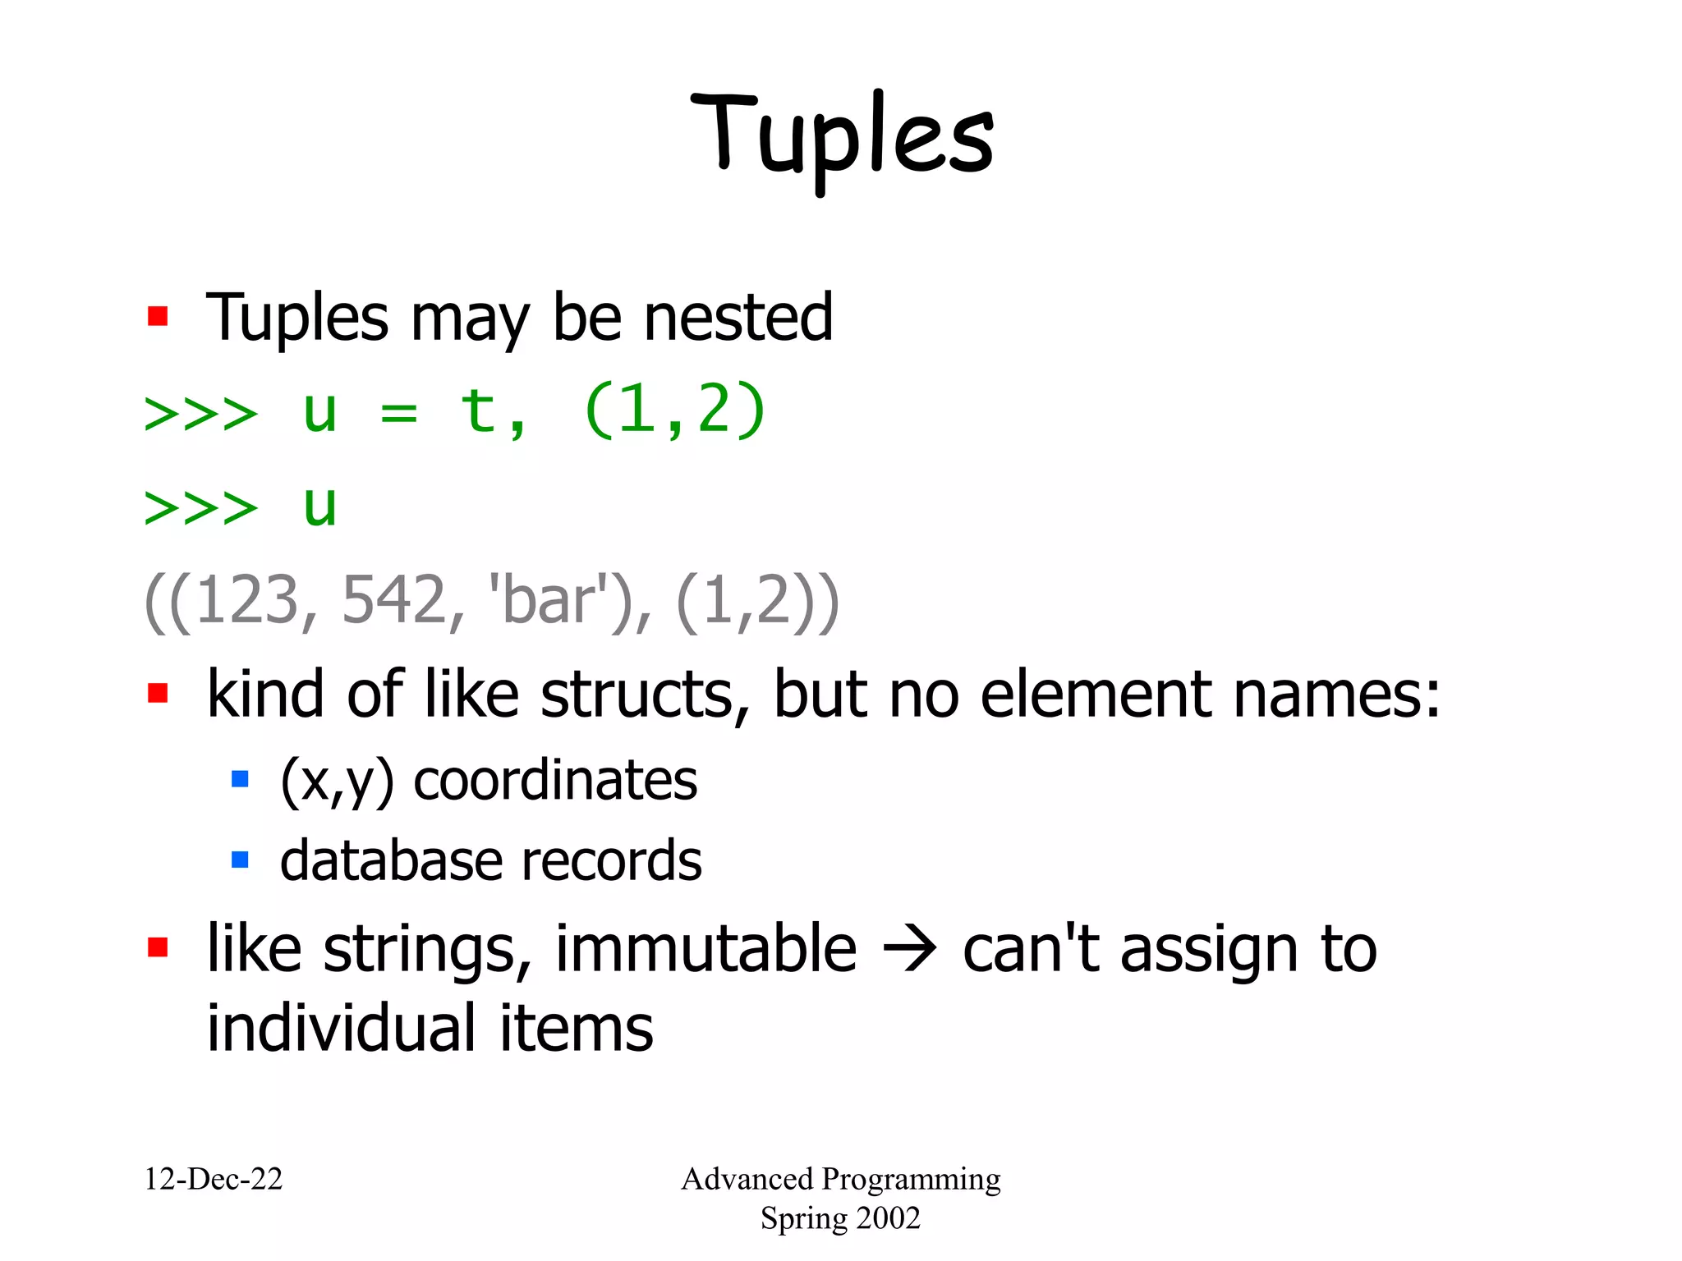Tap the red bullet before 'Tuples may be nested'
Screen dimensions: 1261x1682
(x=158, y=317)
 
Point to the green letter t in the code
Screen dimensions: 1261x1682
(x=479, y=410)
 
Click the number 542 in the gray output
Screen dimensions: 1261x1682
(x=394, y=601)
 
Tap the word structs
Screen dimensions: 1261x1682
(x=636, y=695)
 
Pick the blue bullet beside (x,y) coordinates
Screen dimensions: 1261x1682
(x=240, y=779)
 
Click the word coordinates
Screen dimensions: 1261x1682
(x=555, y=781)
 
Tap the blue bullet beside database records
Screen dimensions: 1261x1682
(x=240, y=860)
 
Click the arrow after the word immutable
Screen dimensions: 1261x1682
(x=909, y=951)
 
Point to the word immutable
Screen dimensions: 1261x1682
(x=705, y=949)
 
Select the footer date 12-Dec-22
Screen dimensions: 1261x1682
(x=214, y=1179)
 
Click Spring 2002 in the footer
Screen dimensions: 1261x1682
(x=840, y=1218)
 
